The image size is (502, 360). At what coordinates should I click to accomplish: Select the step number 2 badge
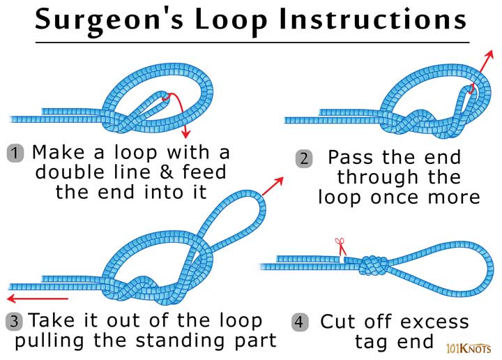tap(303, 158)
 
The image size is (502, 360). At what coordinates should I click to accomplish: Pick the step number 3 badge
tap(15, 322)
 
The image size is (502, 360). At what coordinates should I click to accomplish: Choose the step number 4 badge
tap(298, 322)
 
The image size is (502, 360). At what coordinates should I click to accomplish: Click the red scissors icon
tap(340, 246)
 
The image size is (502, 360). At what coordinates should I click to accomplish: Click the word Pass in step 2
tap(351, 157)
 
